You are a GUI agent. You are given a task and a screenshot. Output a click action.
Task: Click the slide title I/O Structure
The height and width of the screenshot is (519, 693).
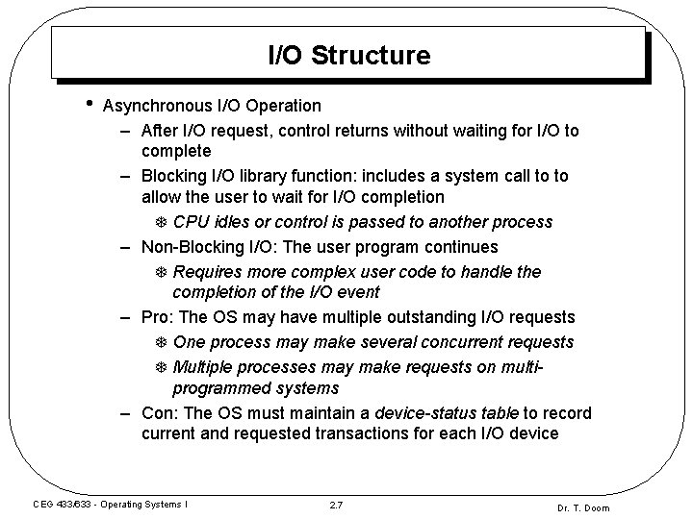point(348,56)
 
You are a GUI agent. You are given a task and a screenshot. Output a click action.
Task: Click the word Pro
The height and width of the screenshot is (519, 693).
point(155,317)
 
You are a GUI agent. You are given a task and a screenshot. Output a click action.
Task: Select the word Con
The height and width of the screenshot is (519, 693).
point(157,413)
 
